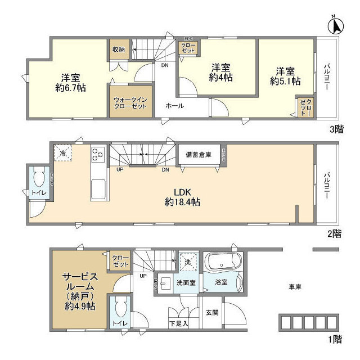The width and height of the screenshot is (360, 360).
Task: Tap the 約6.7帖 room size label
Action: (x=70, y=82)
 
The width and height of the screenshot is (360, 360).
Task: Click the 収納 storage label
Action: (x=118, y=49)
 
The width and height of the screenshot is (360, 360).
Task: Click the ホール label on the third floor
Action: (x=174, y=106)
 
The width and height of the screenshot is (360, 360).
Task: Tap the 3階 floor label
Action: (x=336, y=129)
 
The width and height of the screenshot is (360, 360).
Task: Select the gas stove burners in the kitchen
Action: (x=97, y=154)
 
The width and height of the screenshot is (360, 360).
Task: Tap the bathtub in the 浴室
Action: (x=224, y=263)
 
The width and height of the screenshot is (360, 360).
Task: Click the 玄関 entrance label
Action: (x=211, y=312)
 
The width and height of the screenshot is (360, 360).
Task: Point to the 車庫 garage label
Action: (x=295, y=287)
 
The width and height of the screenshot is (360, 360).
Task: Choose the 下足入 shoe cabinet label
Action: (x=179, y=324)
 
